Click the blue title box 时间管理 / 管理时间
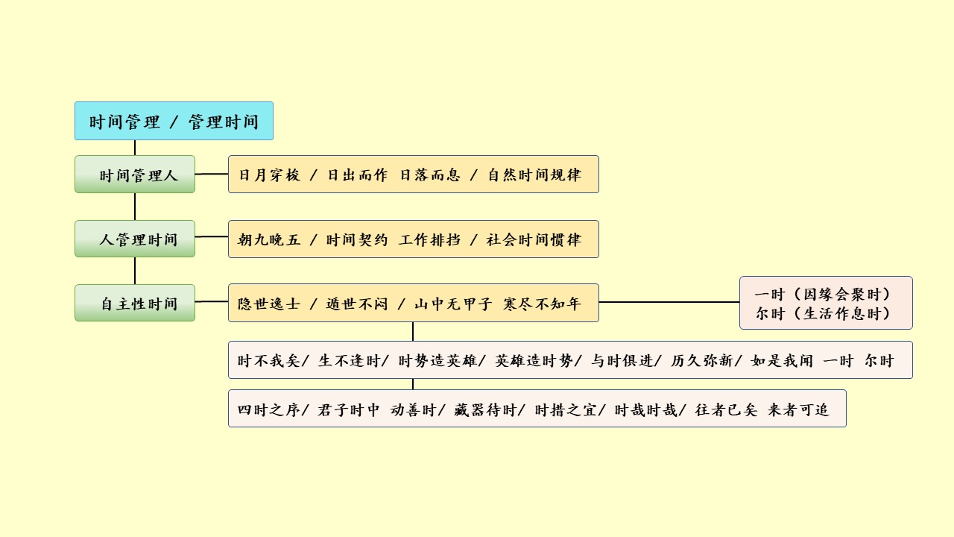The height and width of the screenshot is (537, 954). tap(174, 121)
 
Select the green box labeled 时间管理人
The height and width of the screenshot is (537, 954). tap(135, 175)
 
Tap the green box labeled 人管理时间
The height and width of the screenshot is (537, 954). tap(135, 239)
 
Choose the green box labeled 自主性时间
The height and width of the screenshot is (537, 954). tap(135, 304)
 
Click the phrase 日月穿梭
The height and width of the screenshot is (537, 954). tap(269, 175)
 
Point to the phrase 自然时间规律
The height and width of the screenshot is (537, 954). tap(534, 175)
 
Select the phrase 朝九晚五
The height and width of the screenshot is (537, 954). tap(269, 239)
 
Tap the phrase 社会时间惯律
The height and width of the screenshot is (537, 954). tap(534, 239)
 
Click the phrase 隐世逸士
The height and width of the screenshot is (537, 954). tap(269, 304)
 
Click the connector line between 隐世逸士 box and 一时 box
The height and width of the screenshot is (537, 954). tap(669, 302)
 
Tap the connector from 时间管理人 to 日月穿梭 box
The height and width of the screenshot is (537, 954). tap(212, 174)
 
